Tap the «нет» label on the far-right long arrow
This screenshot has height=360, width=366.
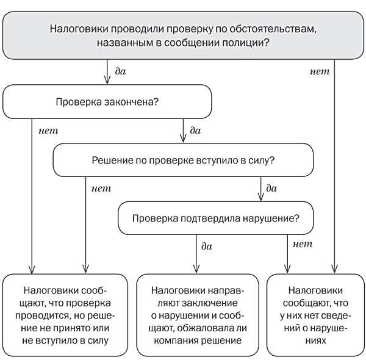pos(320,71)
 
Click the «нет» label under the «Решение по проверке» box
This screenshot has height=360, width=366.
pos(100,188)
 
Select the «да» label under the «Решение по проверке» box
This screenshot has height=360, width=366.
pos(271,189)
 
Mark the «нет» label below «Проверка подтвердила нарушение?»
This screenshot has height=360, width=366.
pos(303,245)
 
